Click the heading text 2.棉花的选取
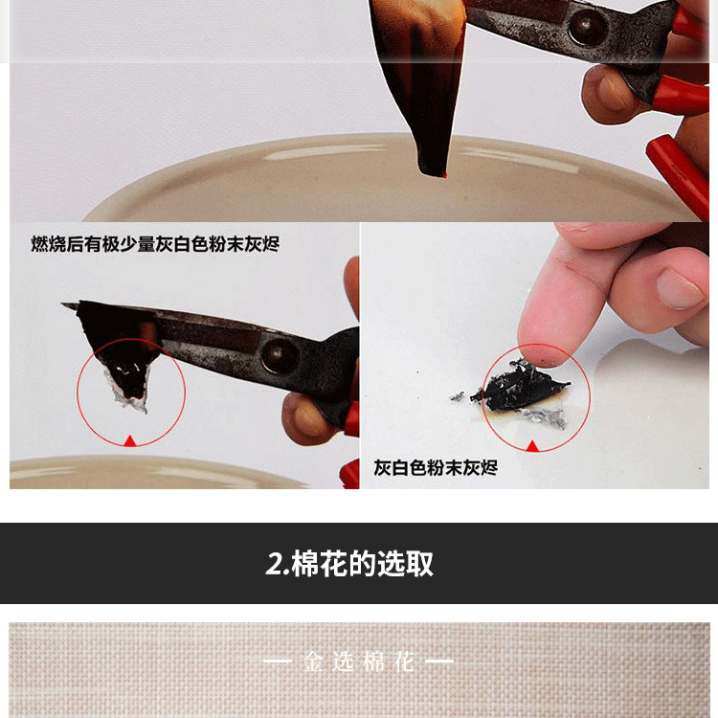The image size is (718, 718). [348, 564]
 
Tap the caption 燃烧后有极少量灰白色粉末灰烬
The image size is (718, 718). [155, 244]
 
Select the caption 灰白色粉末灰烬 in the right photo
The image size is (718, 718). [436, 468]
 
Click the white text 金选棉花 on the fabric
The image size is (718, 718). [359, 662]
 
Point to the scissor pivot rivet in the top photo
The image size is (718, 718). [587, 27]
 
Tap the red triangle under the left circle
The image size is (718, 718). [130, 441]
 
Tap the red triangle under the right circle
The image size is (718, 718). [532, 445]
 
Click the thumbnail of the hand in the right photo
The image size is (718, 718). [679, 289]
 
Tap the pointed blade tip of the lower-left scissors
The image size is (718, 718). [64, 305]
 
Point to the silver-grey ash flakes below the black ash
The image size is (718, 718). [545, 416]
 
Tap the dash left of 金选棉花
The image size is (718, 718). [278, 661]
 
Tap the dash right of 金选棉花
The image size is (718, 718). [439, 661]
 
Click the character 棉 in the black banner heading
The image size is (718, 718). [305, 564]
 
